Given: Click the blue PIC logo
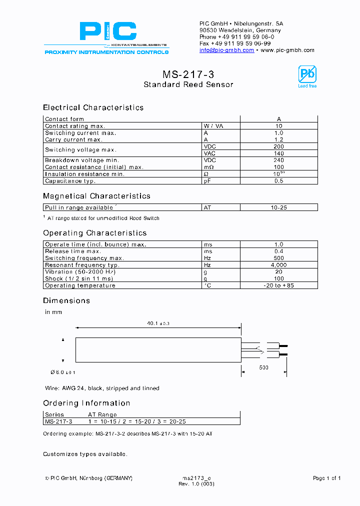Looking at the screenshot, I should (x=107, y=31).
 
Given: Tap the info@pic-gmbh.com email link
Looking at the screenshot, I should (x=226, y=50).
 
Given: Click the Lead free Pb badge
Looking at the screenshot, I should (x=307, y=76).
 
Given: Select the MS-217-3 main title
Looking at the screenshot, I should (x=188, y=74).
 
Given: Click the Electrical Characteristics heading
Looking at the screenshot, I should (x=93, y=107).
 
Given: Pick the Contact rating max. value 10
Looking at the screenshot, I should (x=278, y=126).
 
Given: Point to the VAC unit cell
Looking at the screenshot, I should (x=209, y=153).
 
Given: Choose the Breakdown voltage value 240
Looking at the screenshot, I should (x=278, y=160).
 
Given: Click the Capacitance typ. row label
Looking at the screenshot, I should (x=70, y=181).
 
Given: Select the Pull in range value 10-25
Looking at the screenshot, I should (x=278, y=207).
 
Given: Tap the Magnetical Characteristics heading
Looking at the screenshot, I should (x=96, y=196).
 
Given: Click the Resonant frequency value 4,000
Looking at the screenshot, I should (x=278, y=265).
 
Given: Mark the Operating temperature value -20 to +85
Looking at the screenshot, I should (x=278, y=285).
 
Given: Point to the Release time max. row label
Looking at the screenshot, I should (x=73, y=251).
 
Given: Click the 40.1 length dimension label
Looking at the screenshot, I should (x=158, y=324).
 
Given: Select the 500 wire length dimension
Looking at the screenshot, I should (x=263, y=367).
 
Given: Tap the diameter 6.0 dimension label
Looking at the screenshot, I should (x=63, y=372).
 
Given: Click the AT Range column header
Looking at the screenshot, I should (x=102, y=414).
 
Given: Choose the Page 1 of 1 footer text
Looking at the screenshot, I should (x=326, y=478).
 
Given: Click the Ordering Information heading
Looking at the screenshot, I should (x=86, y=403).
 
